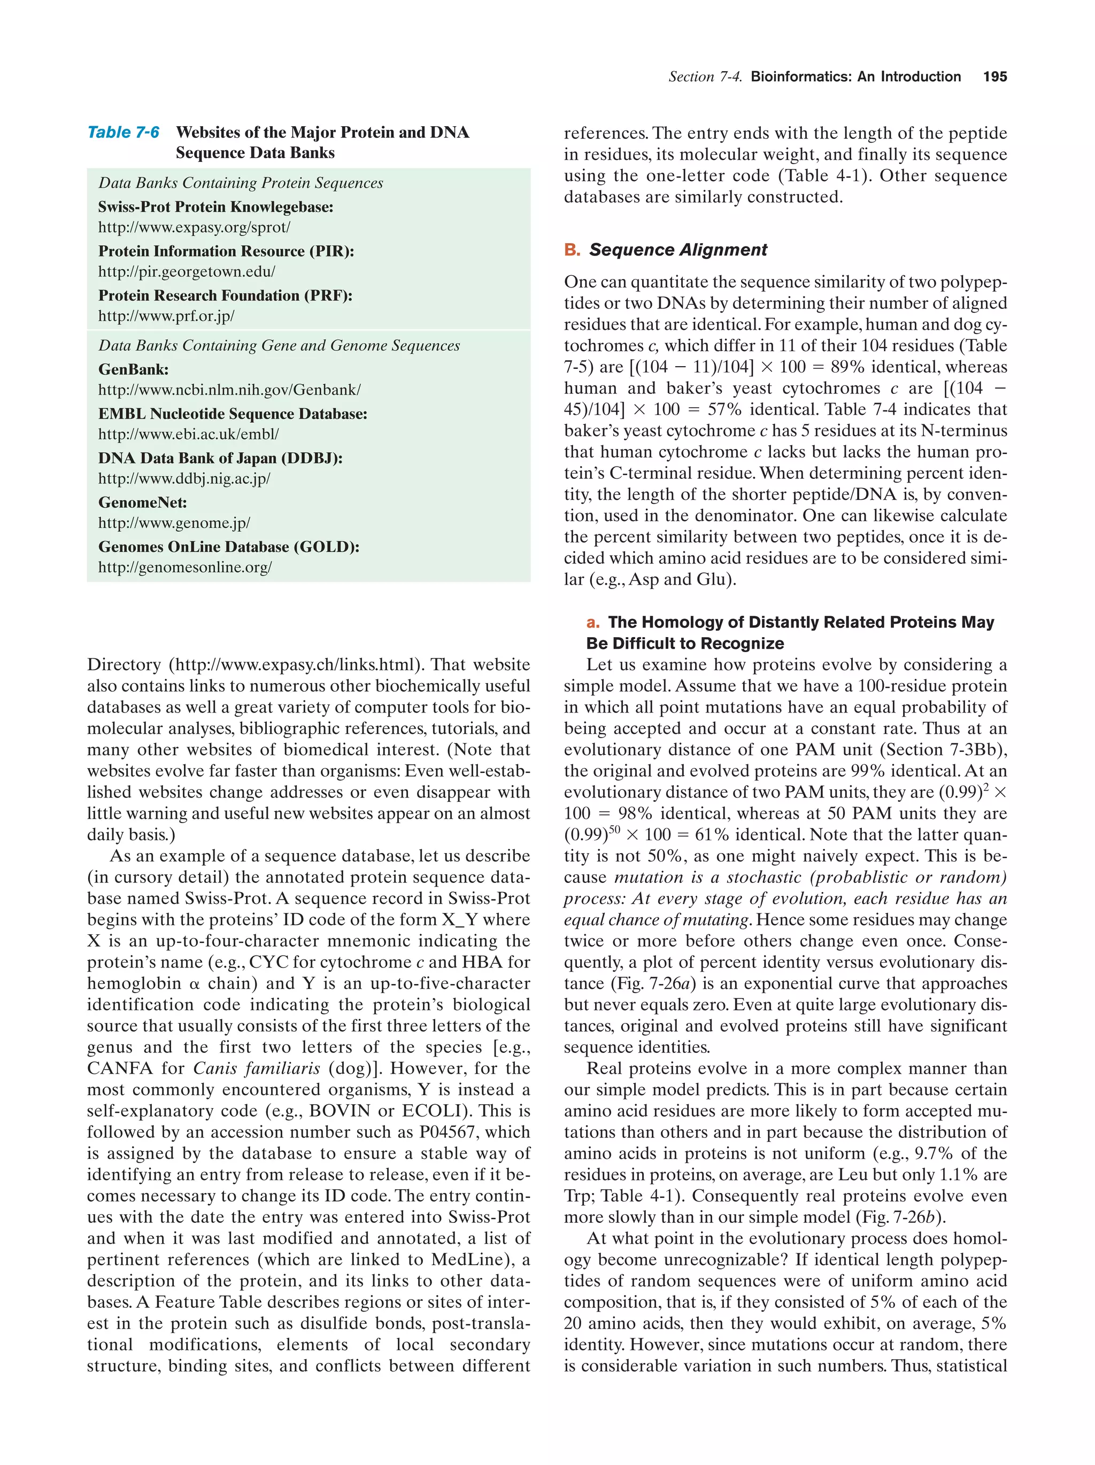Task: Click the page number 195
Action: tap(994, 77)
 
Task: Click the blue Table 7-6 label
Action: tap(123, 133)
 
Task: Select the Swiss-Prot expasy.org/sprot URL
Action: tap(194, 227)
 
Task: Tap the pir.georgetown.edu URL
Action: tap(186, 272)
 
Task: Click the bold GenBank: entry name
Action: tap(133, 369)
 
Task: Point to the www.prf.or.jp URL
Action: tap(166, 316)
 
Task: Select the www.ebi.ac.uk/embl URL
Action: tap(188, 435)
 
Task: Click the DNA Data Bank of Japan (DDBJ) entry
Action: tap(220, 458)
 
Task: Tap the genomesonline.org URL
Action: tap(185, 568)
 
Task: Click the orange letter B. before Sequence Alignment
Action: tap(572, 250)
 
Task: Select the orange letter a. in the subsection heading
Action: tap(593, 623)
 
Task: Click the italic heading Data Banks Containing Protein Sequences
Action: tap(241, 183)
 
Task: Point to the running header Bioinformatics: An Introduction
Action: tap(855, 77)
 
